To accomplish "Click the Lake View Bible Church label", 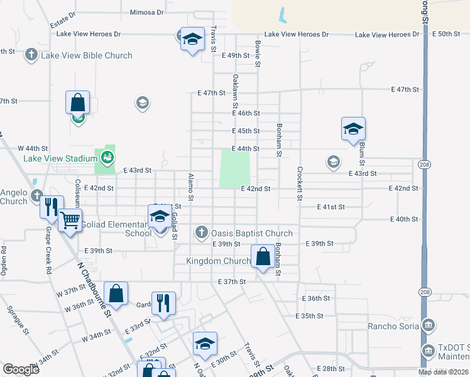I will click(x=86, y=55).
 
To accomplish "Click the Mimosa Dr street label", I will click(x=146, y=12).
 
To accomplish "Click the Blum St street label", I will click(x=363, y=149).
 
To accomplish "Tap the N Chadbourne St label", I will click(x=94, y=288).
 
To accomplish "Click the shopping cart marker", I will click(x=70, y=221).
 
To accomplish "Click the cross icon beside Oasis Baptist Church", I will click(x=201, y=233).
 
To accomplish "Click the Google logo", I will click(x=21, y=369).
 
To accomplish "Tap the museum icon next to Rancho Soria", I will click(x=429, y=325).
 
